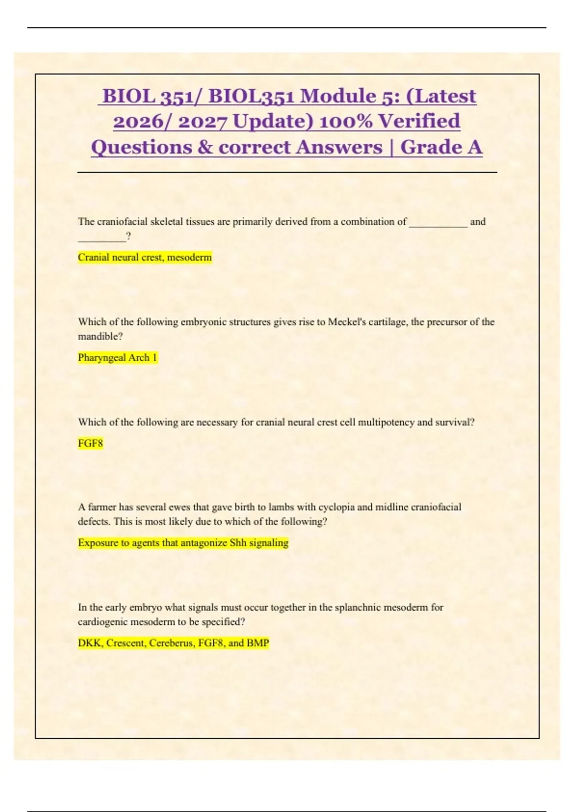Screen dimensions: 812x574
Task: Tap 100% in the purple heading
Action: coord(345,121)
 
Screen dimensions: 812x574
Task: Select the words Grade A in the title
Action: coord(441,147)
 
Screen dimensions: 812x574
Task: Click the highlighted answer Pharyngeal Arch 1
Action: coord(118,358)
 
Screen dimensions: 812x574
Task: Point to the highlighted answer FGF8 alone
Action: coord(90,443)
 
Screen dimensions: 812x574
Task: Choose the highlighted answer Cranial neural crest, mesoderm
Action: coord(144,257)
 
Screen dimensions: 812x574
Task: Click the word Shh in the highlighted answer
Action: coord(238,543)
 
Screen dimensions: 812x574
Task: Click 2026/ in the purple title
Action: coord(143,121)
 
